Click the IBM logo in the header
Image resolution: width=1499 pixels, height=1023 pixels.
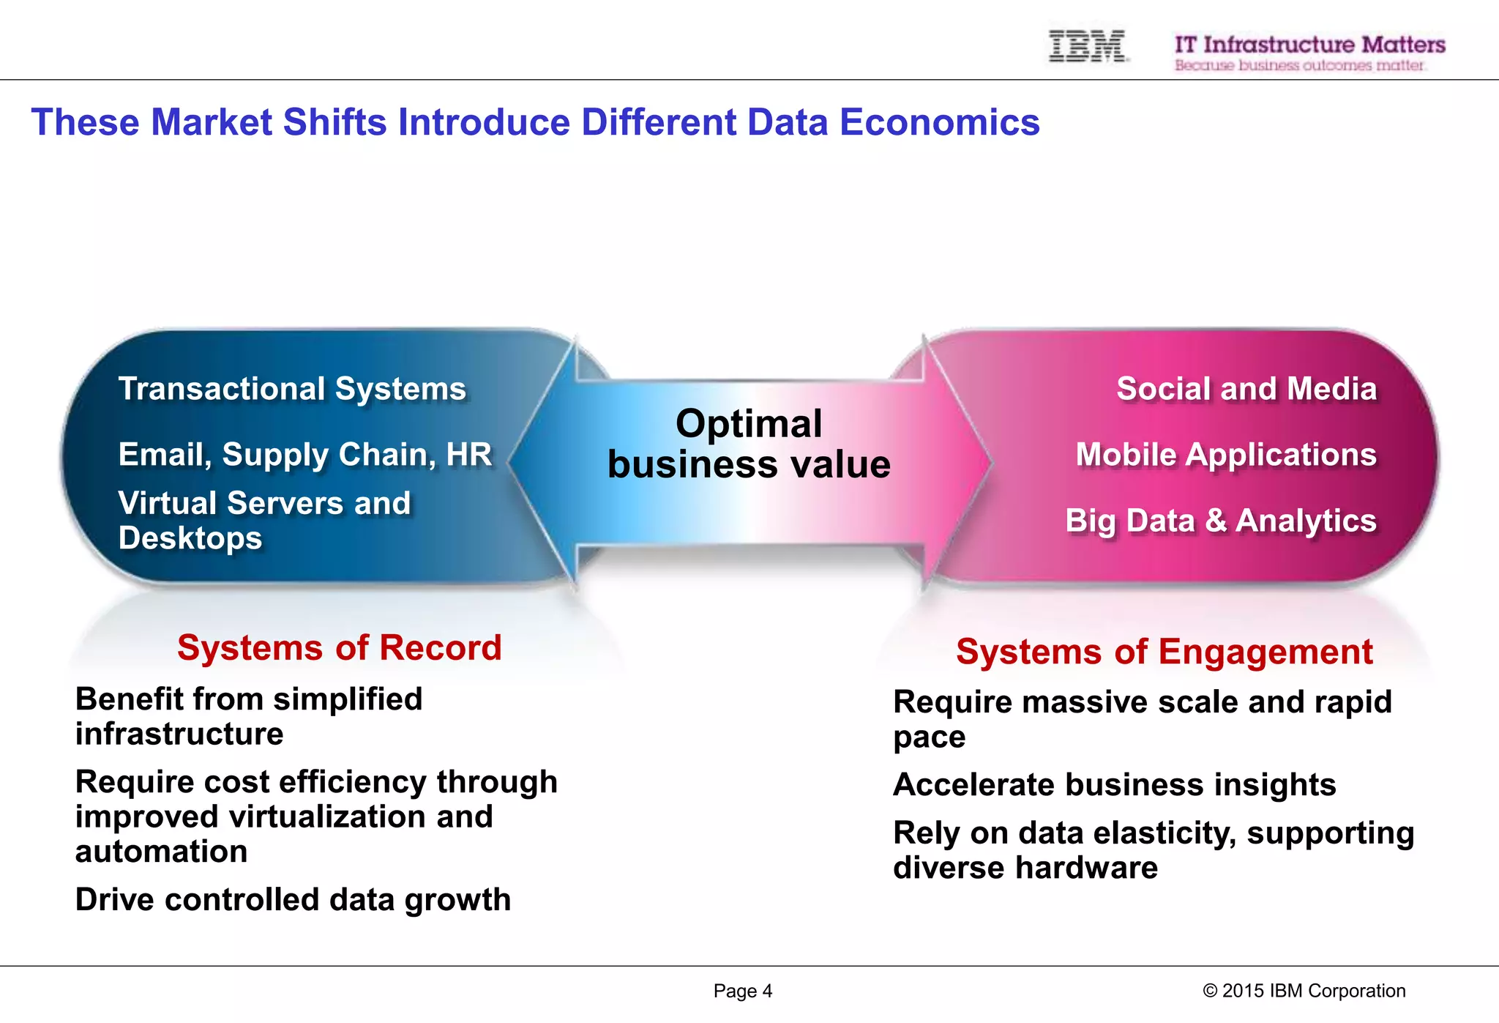click(1087, 46)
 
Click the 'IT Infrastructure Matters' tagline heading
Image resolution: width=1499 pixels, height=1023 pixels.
click(1309, 45)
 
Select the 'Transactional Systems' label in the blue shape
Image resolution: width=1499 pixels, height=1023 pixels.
click(292, 389)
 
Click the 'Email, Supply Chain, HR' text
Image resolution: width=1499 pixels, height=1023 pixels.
click(304, 455)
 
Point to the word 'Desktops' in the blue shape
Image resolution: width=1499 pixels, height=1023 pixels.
click(190, 538)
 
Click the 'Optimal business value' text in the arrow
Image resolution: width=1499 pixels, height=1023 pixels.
click(749, 444)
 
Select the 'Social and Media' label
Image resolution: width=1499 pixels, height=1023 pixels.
click(1246, 389)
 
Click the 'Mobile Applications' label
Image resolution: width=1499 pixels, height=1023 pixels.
click(1225, 455)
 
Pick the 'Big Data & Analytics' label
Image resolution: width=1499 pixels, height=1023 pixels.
click(1220, 521)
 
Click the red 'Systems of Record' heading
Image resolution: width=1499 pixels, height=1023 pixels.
click(339, 648)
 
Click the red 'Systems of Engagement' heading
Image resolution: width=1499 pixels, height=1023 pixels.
click(1164, 652)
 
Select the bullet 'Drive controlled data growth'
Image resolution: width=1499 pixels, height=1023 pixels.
click(293, 900)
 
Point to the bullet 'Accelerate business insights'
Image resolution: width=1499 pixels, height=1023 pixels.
click(1114, 785)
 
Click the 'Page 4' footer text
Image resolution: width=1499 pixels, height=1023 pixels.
click(742, 992)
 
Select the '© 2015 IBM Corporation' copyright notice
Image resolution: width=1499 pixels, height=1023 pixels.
click(1304, 992)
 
